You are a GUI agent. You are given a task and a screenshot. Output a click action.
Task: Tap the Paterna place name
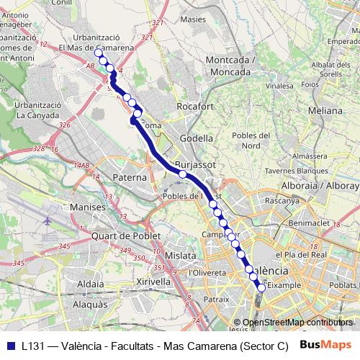(x=130, y=177)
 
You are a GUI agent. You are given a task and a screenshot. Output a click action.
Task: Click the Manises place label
(x=89, y=207)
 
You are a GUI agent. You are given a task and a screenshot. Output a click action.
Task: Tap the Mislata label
(x=180, y=256)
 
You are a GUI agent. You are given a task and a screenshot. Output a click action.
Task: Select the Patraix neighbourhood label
(x=215, y=297)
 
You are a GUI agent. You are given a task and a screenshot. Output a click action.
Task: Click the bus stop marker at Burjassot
(x=183, y=174)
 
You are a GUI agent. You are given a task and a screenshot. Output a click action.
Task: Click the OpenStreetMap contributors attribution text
(x=297, y=323)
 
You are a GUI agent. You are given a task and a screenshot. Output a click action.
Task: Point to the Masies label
(x=194, y=19)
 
